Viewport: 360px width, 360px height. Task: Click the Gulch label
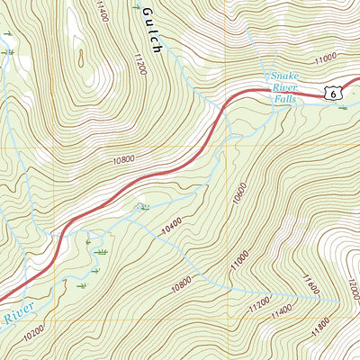click(x=149, y=32)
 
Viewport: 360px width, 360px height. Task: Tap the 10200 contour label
click(x=34, y=329)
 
